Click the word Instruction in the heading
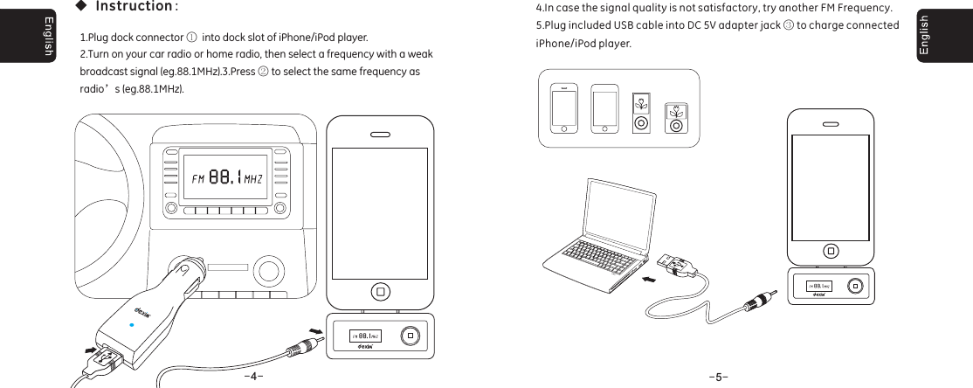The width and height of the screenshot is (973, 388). click(134, 8)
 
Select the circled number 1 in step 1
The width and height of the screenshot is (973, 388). click(191, 38)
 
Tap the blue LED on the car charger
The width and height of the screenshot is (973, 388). click(131, 326)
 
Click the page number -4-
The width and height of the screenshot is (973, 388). click(252, 378)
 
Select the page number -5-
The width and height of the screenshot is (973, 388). click(716, 378)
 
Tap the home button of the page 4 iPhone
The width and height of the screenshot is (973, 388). click(378, 291)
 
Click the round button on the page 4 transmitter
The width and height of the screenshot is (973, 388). click(409, 336)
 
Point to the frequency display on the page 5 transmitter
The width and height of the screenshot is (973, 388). click(818, 286)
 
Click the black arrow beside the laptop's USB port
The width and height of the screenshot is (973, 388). click(646, 281)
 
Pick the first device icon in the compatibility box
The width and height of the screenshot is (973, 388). click(563, 109)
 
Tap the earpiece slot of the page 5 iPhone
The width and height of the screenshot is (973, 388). click(830, 122)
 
